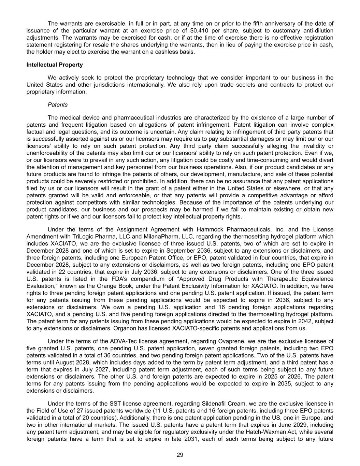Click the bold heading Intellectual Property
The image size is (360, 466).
(55, 65)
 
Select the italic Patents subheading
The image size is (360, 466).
(58, 105)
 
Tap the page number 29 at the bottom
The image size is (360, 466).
(180, 455)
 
